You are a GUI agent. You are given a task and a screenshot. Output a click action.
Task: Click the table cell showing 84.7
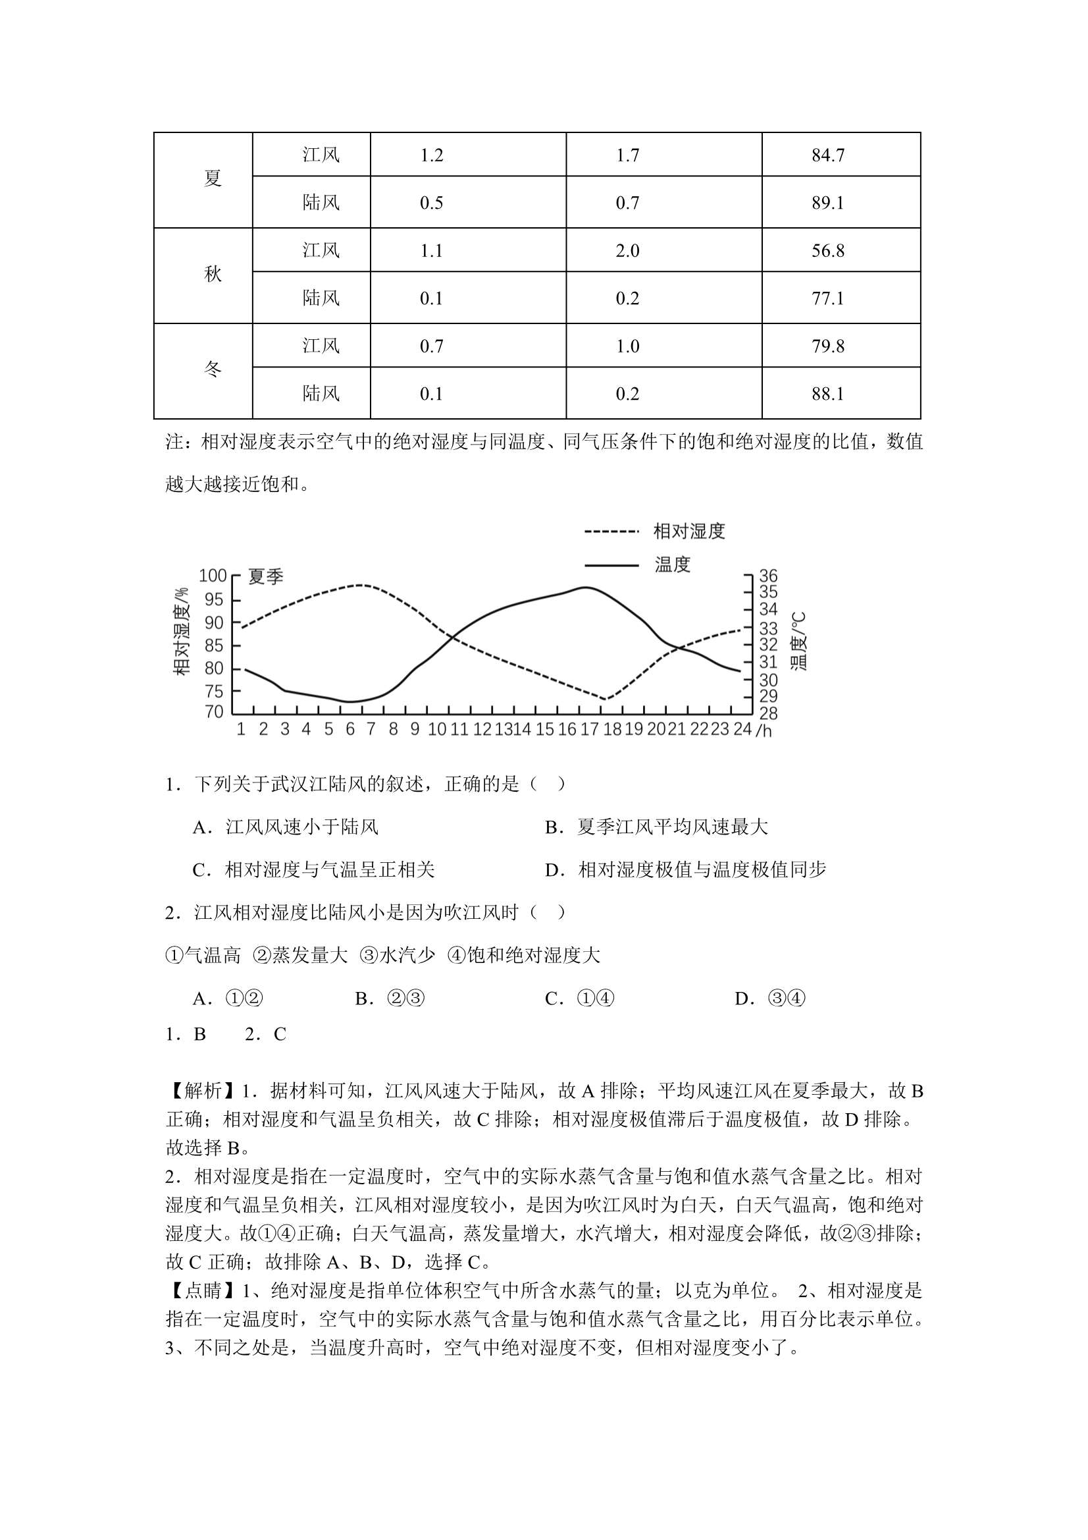(x=828, y=155)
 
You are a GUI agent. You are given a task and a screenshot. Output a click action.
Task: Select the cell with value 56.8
(x=828, y=251)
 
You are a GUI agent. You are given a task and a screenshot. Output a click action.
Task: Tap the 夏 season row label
(x=213, y=179)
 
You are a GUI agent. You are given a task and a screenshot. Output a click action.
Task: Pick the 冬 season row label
(x=213, y=370)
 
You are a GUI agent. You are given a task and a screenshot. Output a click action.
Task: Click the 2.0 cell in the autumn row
(x=627, y=251)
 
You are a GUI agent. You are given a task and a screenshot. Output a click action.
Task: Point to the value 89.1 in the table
(x=828, y=204)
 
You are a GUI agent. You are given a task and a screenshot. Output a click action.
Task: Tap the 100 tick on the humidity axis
(x=213, y=576)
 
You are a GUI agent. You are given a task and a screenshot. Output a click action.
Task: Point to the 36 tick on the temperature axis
(x=768, y=576)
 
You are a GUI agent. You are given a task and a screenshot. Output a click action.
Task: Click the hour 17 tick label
(x=589, y=729)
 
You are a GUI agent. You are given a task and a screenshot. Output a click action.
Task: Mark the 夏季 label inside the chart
(x=266, y=577)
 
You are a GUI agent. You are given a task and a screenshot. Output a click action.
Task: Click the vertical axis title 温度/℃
(x=798, y=641)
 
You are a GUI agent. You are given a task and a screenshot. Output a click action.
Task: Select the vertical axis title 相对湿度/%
(x=182, y=631)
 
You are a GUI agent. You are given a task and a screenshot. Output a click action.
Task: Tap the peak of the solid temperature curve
(x=586, y=588)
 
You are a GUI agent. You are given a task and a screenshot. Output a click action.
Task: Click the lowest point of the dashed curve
(x=605, y=699)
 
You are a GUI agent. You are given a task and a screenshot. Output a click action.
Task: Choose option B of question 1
(x=656, y=828)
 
